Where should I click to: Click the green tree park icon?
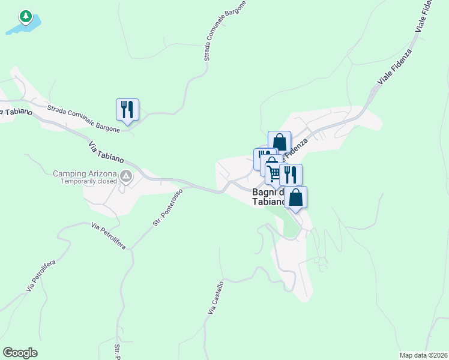[x=25, y=16]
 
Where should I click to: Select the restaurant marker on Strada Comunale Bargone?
[x=127, y=110]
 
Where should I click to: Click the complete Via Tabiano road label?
[x=106, y=152]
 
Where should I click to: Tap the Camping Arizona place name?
[x=85, y=173]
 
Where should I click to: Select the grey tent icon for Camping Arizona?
[x=127, y=176]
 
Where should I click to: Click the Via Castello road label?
[x=215, y=298]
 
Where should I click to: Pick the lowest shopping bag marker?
[x=295, y=197]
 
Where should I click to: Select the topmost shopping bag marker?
[x=279, y=142]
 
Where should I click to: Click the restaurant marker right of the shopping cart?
[x=291, y=175]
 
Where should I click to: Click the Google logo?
[x=20, y=353]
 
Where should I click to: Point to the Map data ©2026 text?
[x=423, y=355]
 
